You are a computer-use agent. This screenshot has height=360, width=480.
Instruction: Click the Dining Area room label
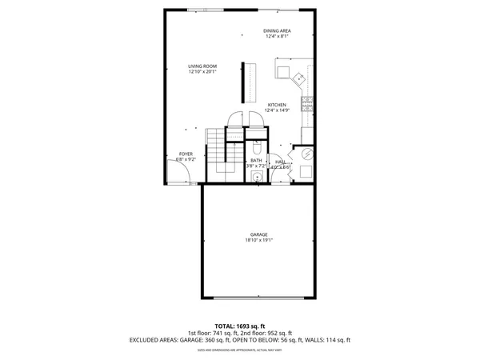tap(277, 30)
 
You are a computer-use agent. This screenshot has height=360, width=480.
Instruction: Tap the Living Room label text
tap(202, 66)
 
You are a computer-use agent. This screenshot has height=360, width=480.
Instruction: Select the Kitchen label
tap(277, 105)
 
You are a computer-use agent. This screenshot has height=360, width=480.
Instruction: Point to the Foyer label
tap(186, 153)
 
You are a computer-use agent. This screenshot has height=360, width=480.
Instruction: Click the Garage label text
tap(258, 234)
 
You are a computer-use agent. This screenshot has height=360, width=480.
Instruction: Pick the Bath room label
tap(256, 160)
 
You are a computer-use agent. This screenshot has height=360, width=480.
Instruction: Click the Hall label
tap(280, 161)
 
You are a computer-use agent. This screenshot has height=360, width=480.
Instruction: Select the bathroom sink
tap(258, 178)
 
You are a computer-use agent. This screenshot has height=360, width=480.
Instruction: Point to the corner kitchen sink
tap(298, 78)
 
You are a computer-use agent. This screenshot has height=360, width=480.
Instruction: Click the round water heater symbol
tap(304, 154)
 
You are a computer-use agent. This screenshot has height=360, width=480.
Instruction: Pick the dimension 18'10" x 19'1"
tap(258, 239)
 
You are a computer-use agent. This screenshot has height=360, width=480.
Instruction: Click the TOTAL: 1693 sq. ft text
tap(239, 326)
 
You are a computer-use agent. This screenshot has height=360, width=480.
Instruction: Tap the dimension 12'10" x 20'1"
tap(202, 72)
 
